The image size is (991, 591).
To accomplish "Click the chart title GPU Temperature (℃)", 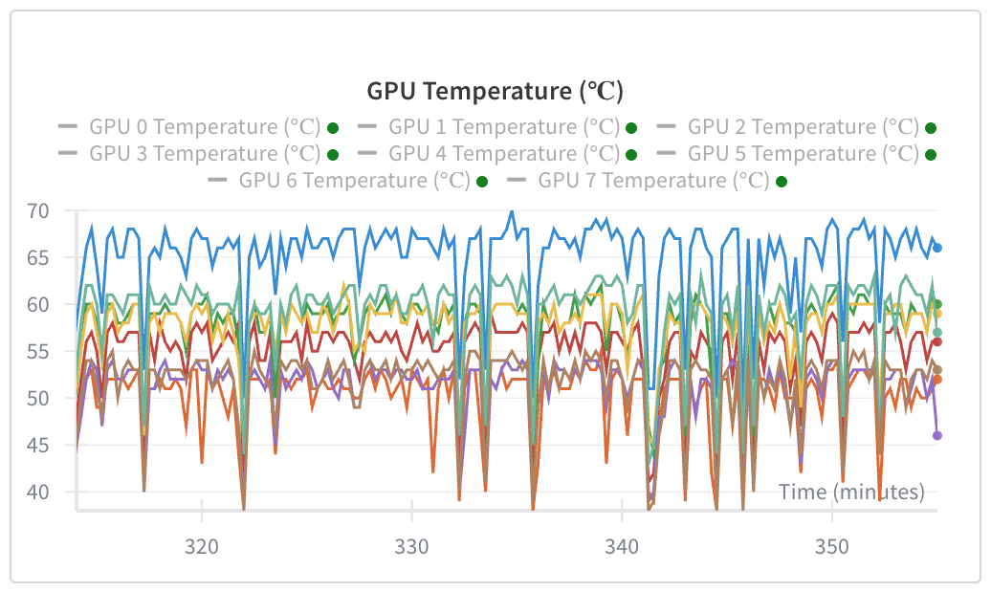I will [x=495, y=92].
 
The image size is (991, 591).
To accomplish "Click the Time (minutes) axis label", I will [x=851, y=492].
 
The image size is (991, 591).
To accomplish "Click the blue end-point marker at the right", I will [x=937, y=248].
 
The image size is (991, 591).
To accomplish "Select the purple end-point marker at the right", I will [x=937, y=435].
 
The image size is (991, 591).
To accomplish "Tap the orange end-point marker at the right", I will [x=937, y=380].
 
